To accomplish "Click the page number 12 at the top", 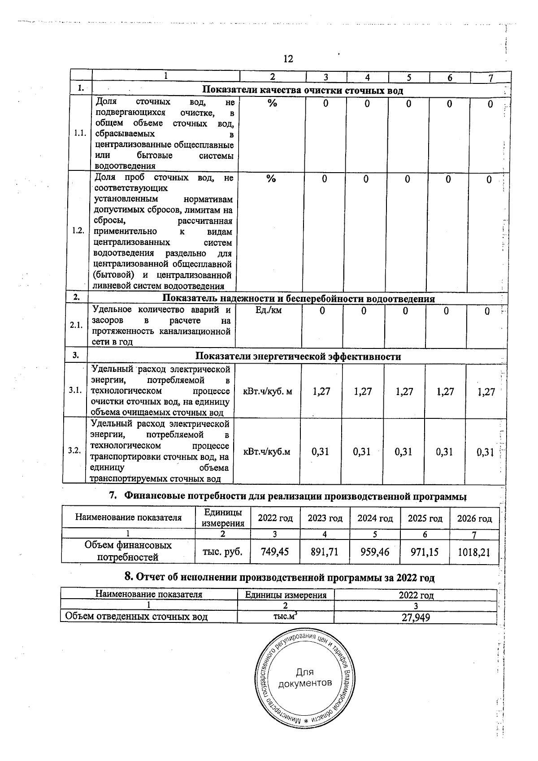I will coord(288,59).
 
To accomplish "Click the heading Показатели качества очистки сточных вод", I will coord(303,90).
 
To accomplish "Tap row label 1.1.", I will coord(81,134).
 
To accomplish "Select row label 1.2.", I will coord(78,230).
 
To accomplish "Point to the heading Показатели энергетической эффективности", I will coord(298,357).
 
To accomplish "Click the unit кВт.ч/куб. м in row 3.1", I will coord(267,391).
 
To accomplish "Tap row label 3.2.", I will coord(74,451).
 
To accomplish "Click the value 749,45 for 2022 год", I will coord(275,552).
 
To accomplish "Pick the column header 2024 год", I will coord(375,518).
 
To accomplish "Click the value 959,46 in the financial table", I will coord(375,552).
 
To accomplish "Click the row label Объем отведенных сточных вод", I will coord(136,617).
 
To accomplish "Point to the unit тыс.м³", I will coord(285,617).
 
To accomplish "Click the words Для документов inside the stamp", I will coord(305,678).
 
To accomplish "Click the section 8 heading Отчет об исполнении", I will coord(279,578).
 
